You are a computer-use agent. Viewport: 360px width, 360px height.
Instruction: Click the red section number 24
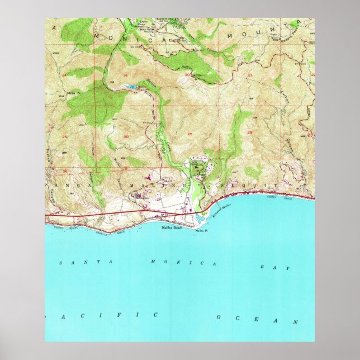65,74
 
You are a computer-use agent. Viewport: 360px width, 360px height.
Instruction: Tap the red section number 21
250,74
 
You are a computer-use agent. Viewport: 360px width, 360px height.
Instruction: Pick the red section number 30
126,136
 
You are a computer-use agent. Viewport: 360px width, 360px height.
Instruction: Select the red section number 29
190,133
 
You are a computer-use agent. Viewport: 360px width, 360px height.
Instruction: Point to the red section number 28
250,132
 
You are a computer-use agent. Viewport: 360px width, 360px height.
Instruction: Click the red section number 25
65,136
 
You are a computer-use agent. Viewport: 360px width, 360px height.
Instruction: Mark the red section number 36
65,171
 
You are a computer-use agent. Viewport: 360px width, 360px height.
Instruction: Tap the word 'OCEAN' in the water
258,319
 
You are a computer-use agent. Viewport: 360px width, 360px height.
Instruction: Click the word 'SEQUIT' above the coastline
252,184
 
